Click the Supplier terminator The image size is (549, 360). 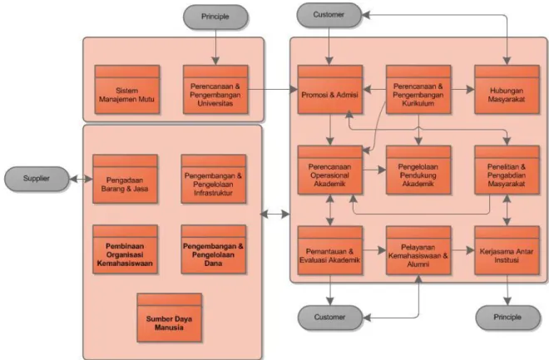(x=37, y=179)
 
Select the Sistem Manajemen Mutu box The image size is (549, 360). (x=127, y=90)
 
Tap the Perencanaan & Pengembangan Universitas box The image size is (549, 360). (x=215, y=90)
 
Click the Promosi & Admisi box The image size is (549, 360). (x=330, y=90)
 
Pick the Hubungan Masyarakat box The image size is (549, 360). (x=507, y=90)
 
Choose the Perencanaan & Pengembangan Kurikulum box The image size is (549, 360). (x=418, y=90)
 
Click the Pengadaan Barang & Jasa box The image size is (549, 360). (x=125, y=179)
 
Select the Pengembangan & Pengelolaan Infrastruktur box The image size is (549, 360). (x=213, y=179)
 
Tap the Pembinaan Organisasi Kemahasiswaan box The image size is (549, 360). (x=125, y=249)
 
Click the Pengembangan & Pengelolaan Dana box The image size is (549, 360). (x=213, y=249)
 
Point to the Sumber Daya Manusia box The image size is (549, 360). (x=169, y=318)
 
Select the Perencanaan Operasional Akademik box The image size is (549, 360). (x=330, y=170)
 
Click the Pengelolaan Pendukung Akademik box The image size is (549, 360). (x=418, y=170)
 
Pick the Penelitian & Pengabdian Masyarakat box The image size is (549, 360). (x=507, y=170)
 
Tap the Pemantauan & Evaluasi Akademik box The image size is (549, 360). (x=330, y=250)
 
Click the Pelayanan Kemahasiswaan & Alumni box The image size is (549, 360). (x=418, y=250)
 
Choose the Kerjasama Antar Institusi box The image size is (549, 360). (x=507, y=250)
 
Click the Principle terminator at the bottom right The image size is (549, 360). (x=507, y=318)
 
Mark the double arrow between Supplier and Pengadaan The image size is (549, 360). (x=81, y=179)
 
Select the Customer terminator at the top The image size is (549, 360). (x=329, y=15)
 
